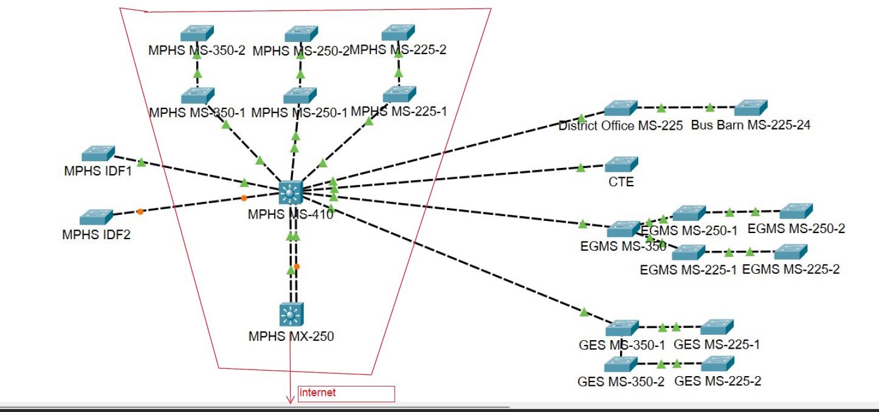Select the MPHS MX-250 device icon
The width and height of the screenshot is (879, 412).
292,315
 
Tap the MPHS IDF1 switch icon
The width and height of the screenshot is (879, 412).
98,153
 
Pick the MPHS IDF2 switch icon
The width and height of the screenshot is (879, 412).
96,217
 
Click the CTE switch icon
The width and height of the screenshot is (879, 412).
621,164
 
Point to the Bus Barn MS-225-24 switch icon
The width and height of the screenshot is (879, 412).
751,108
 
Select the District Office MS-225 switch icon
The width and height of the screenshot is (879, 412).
621,108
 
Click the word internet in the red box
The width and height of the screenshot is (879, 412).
318,393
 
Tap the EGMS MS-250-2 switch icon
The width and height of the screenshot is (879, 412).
796,211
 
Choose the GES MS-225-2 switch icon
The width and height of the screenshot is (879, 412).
717,364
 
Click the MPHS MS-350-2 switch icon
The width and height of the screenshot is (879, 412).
197,33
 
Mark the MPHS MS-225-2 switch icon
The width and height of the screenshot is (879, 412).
398,32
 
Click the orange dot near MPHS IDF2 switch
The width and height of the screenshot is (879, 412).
140,212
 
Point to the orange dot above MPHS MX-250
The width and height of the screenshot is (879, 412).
297,267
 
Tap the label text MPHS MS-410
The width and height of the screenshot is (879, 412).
291,214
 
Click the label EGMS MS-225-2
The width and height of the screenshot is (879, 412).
791,270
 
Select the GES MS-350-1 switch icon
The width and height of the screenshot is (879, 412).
622,327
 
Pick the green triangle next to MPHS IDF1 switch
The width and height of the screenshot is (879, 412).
141,162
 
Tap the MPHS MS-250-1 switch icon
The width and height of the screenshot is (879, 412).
300,95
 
